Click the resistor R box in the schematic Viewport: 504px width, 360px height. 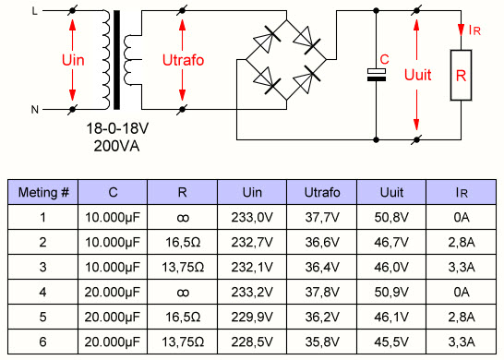click(x=461, y=75)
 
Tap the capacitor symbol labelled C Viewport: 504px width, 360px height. click(x=377, y=75)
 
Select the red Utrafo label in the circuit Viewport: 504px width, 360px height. click(x=183, y=60)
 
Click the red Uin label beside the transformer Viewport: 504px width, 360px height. click(x=73, y=60)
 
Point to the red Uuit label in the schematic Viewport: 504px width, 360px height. click(x=417, y=75)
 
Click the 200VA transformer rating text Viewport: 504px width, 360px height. click(x=116, y=146)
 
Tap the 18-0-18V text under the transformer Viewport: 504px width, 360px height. click(x=117, y=128)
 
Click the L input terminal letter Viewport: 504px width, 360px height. click(x=34, y=11)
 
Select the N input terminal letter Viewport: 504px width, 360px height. click(x=35, y=110)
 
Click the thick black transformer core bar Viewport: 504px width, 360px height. click(x=116, y=60)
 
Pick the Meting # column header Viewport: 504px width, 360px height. click(x=43, y=193)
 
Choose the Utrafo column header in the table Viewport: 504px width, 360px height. click(x=322, y=193)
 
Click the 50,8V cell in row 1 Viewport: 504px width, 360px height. click(x=391, y=218)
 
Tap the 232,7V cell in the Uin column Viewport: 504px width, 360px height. click(x=252, y=243)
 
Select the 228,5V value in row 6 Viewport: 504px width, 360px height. click(x=252, y=342)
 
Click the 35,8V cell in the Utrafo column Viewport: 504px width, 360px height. click(x=322, y=342)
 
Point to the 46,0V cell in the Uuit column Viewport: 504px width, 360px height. click(x=391, y=267)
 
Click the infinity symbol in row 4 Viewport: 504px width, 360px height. click(x=183, y=293)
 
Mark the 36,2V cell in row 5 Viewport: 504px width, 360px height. click(x=322, y=318)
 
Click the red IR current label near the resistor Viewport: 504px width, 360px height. click(x=474, y=30)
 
